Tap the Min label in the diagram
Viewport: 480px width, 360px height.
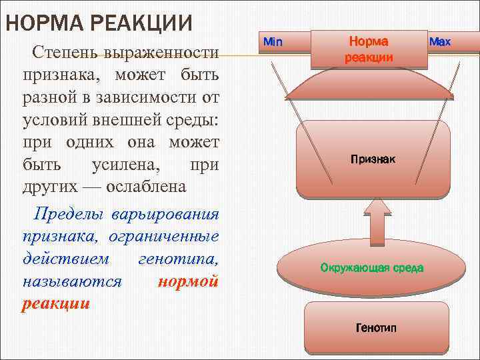coord(273,42)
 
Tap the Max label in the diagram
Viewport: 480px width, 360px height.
coord(440,42)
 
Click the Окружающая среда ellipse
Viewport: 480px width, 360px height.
coord(371,268)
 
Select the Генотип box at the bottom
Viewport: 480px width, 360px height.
coord(376,329)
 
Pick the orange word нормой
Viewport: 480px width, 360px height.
coord(189,281)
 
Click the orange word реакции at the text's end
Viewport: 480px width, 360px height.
coord(56,303)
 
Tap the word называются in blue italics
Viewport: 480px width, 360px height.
coord(72,281)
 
